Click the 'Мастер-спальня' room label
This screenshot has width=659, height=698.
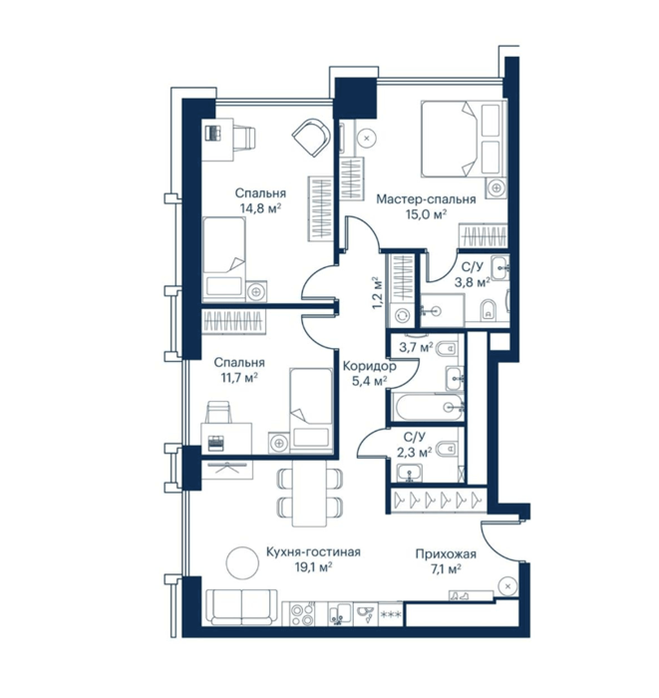click(x=426, y=199)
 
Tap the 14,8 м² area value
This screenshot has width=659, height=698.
click(x=260, y=207)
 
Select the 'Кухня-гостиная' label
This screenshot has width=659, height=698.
click(x=313, y=552)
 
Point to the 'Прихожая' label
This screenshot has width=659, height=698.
click(x=446, y=553)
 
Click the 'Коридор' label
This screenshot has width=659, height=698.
click(x=369, y=366)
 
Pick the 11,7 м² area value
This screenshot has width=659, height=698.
click(x=238, y=378)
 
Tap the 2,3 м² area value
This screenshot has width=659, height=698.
click(x=415, y=453)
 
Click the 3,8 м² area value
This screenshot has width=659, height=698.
click(x=473, y=281)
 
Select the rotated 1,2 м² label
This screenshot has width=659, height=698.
click(x=377, y=293)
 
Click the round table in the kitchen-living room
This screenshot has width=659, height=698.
click(x=242, y=562)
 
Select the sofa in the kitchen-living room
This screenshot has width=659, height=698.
click(x=241, y=606)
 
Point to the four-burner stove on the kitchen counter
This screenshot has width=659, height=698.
click(x=302, y=614)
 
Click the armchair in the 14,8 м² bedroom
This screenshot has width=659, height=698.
click(x=312, y=138)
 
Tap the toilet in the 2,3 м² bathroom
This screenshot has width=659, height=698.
click(x=448, y=449)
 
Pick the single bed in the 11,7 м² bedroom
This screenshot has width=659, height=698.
click(x=311, y=410)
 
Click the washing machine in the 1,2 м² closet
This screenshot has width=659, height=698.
click(x=403, y=315)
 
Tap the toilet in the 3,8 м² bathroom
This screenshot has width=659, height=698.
click(x=489, y=310)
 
